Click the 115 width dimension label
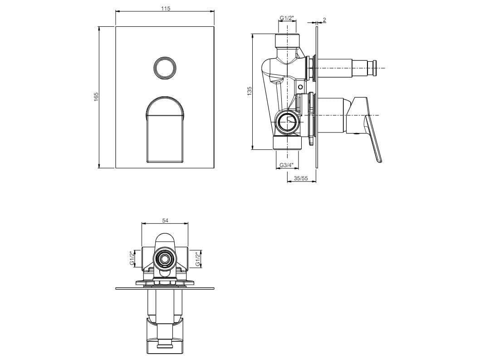pos(165,9)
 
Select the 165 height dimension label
pos(96,97)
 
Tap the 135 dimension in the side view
pos(249,91)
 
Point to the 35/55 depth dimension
pos(301,178)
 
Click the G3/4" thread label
pos(287,165)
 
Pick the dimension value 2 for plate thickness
pos(324,20)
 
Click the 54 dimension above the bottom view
pos(165,220)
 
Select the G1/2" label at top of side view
pos(287,18)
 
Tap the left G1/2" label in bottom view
pos(132,259)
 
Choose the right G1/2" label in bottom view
pos(198,259)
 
